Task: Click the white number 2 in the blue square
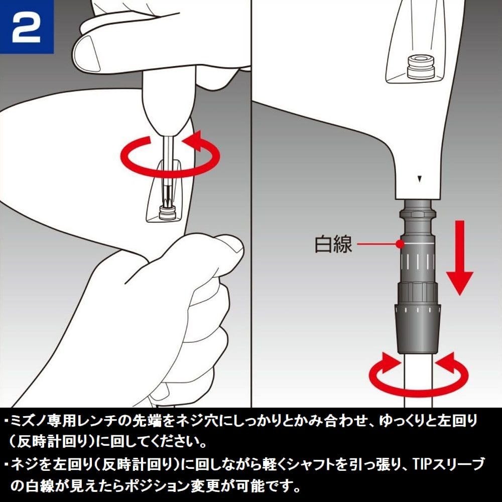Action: (x=27, y=28)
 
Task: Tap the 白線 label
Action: (x=333, y=244)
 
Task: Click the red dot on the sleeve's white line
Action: (x=399, y=244)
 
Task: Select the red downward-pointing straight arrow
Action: (x=460, y=258)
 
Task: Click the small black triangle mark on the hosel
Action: (x=419, y=179)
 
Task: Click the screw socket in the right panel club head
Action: (x=421, y=67)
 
